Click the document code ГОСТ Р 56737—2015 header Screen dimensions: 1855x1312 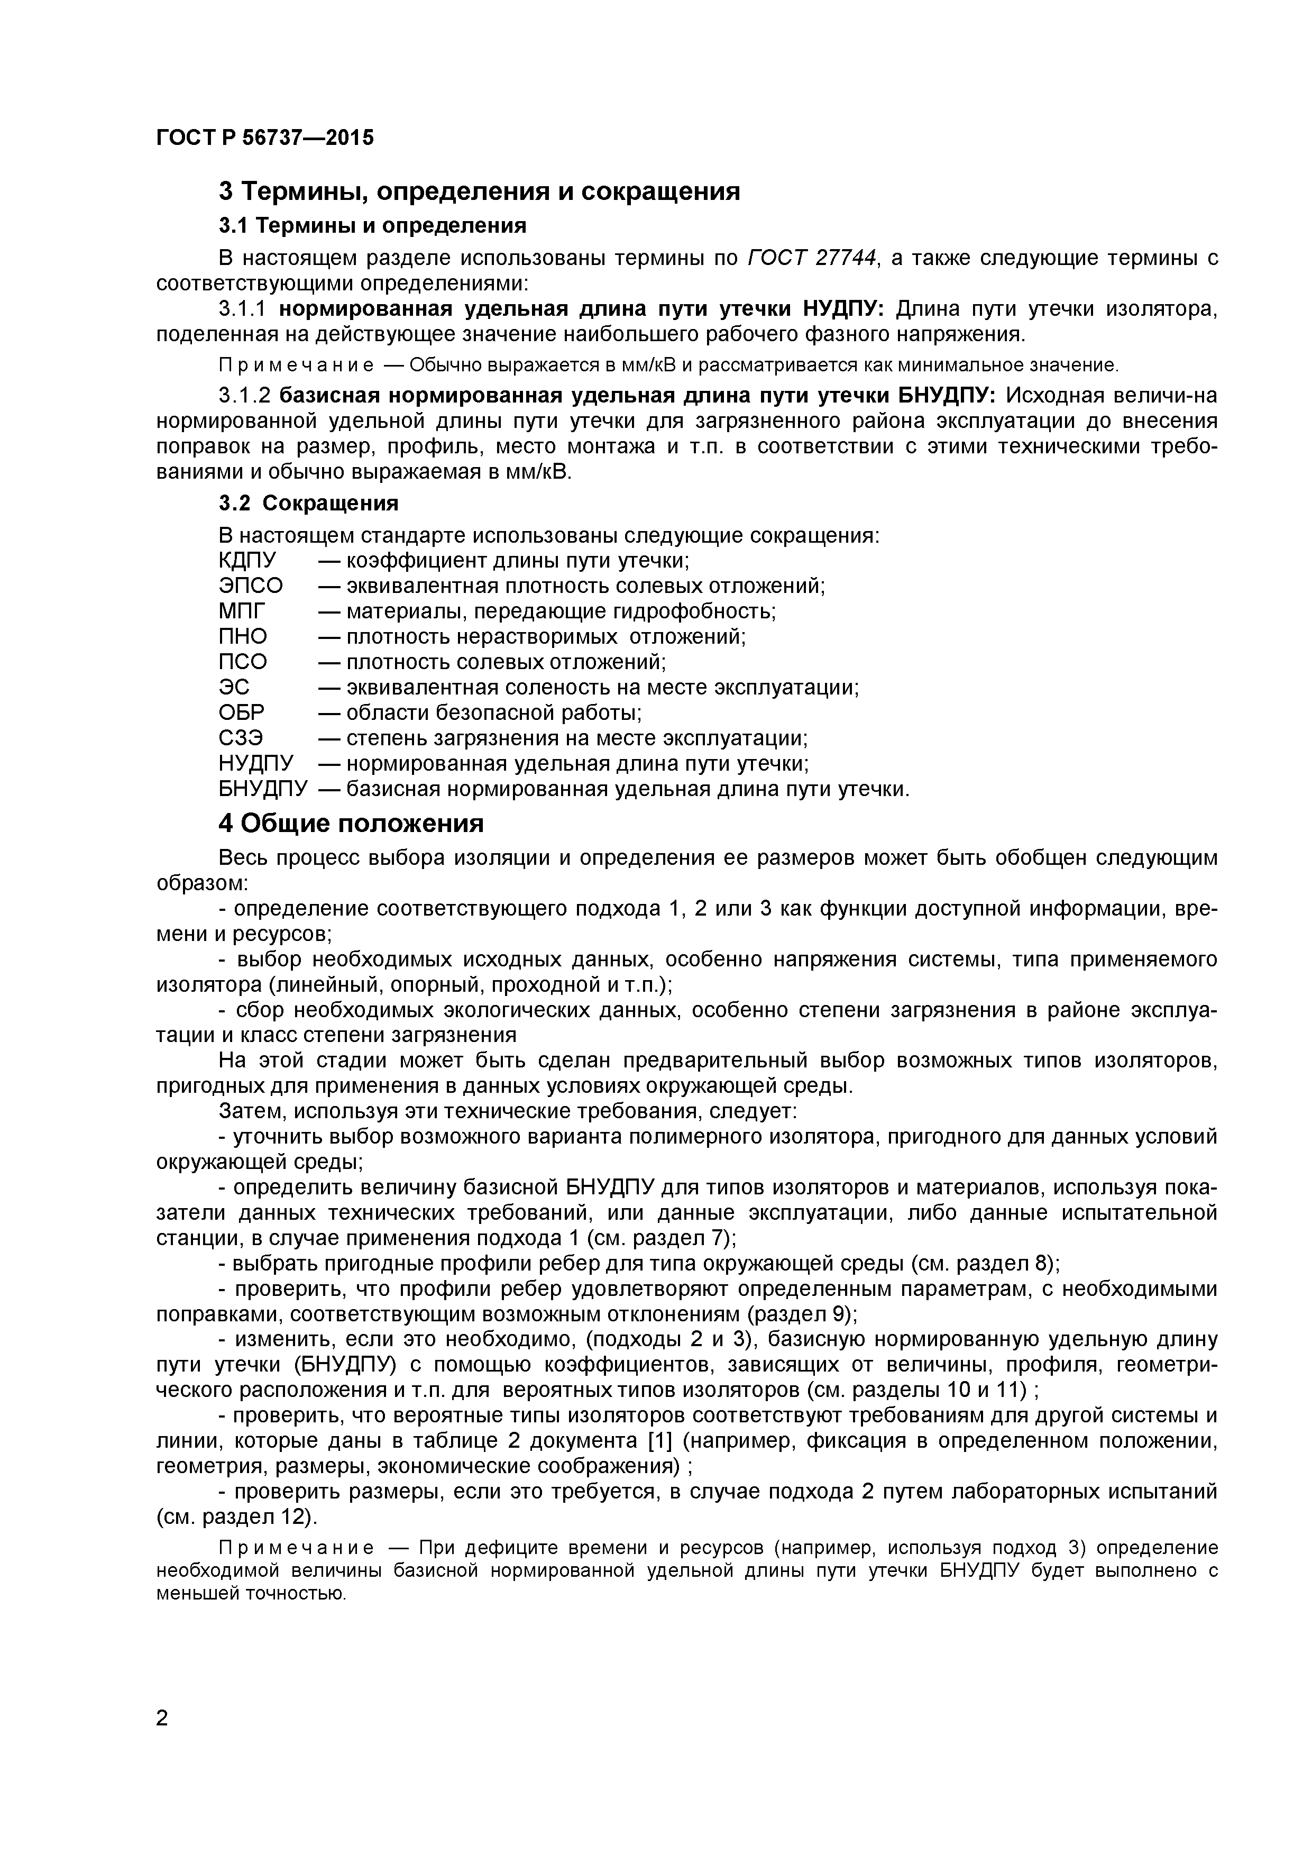click(x=265, y=138)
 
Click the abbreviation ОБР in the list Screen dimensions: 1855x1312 click(x=242, y=712)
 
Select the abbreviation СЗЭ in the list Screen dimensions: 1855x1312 click(x=241, y=738)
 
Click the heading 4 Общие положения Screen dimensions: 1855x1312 click(x=352, y=823)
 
